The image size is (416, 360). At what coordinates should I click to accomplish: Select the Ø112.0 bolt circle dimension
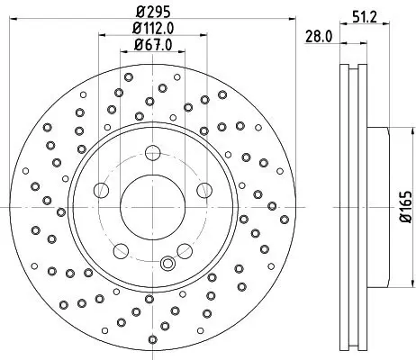[x=150, y=28]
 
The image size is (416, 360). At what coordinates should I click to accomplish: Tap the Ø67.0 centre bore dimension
[x=150, y=44]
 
